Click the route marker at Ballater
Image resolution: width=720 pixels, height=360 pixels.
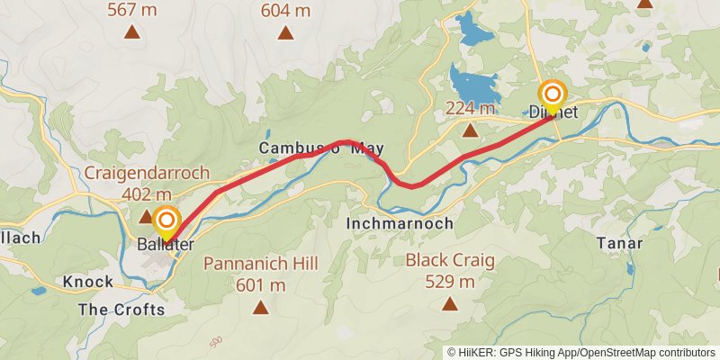[x=166, y=220]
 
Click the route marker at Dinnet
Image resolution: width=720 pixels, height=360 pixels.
[x=552, y=94]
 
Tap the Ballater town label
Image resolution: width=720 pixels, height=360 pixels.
[x=166, y=245]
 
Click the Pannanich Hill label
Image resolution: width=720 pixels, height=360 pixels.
[x=260, y=264]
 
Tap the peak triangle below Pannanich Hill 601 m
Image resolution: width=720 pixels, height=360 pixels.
[x=260, y=308]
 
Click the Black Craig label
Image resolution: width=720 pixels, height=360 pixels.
[x=449, y=260]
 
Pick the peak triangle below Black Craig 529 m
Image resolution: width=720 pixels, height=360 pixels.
[x=449, y=304]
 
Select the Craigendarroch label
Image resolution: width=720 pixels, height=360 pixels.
[x=146, y=172]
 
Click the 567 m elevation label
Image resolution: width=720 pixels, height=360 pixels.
[x=132, y=11]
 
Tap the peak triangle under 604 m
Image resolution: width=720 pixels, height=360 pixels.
[x=285, y=34]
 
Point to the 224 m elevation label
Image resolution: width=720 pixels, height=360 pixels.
[x=470, y=108]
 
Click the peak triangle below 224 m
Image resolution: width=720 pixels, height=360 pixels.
[x=470, y=131]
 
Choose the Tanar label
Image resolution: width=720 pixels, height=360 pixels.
[x=619, y=243]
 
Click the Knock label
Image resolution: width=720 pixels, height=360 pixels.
[x=88, y=282]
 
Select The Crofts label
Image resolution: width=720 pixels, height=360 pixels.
[x=121, y=310]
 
